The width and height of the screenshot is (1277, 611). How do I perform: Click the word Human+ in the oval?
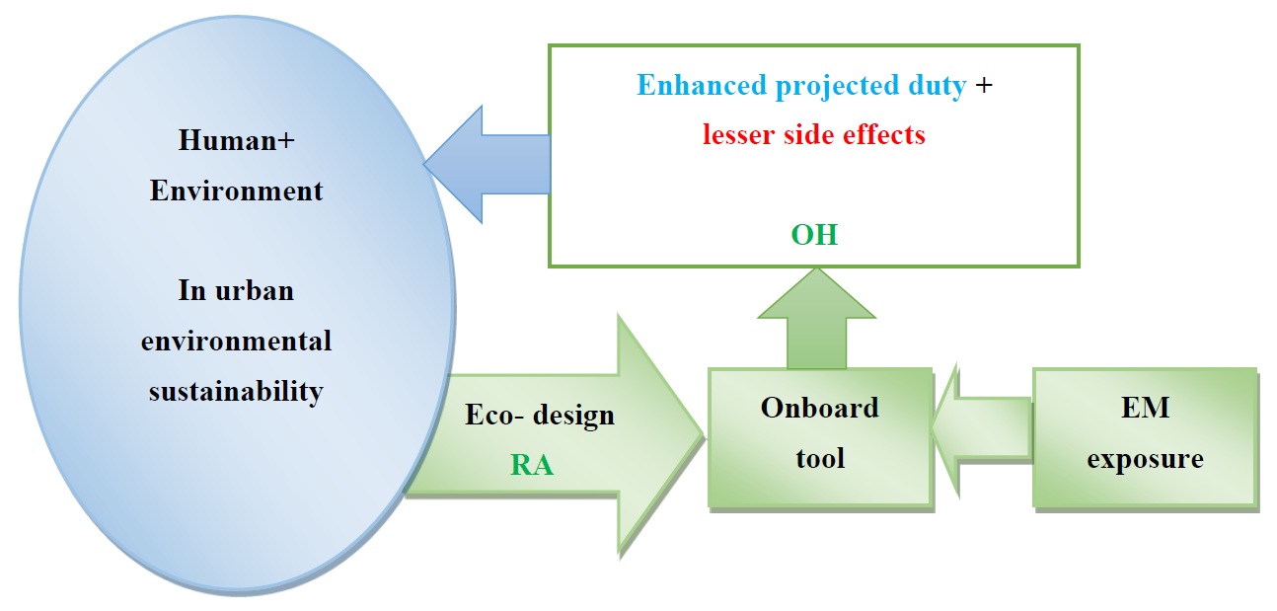pyautogui.click(x=237, y=140)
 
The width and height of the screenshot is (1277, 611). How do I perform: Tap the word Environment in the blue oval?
pyautogui.click(x=237, y=191)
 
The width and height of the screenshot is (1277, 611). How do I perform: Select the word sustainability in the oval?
pyautogui.click(x=237, y=392)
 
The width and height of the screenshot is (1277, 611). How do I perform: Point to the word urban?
pyautogui.click(x=255, y=290)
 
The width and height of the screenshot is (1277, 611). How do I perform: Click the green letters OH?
pyautogui.click(x=815, y=235)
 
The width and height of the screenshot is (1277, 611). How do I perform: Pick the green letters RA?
pyautogui.click(x=532, y=465)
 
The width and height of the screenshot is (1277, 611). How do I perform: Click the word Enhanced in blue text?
pyautogui.click(x=702, y=86)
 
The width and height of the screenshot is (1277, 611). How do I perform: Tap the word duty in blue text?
pyautogui.click(x=938, y=87)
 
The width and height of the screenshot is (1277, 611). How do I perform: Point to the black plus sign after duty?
pyautogui.click(x=984, y=86)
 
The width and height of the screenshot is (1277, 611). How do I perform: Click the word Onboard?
pyautogui.click(x=820, y=408)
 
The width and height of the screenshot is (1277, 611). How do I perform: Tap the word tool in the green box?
pyautogui.click(x=820, y=458)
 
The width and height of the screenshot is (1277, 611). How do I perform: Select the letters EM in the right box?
pyautogui.click(x=1146, y=408)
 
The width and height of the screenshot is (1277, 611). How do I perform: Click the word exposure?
pyautogui.click(x=1146, y=460)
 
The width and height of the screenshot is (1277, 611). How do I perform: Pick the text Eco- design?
pyautogui.click(x=540, y=416)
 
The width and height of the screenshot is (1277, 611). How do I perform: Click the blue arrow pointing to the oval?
pyautogui.click(x=487, y=165)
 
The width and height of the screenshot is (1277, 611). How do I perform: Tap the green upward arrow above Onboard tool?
pyautogui.click(x=816, y=319)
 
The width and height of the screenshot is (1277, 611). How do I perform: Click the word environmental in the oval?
pyautogui.click(x=237, y=342)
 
